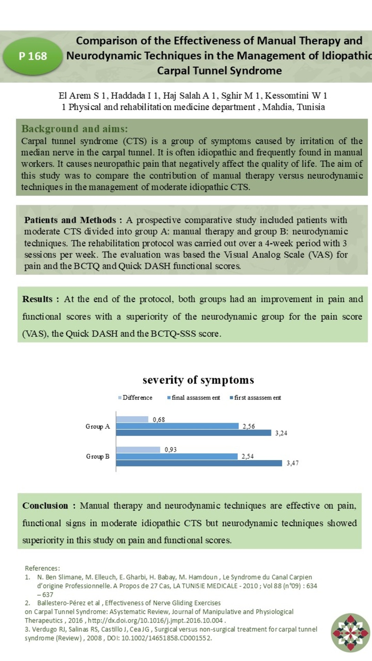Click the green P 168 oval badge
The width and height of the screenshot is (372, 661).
point(32,56)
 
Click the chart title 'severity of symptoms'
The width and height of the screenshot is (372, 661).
point(198,380)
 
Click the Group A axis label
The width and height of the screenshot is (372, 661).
point(97,427)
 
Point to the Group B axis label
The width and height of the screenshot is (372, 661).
point(97,457)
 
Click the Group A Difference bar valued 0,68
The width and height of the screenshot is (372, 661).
point(132,419)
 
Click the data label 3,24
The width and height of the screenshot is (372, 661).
point(281,433)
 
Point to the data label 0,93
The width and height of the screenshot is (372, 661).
point(170,450)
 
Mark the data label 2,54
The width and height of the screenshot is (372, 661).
point(247,457)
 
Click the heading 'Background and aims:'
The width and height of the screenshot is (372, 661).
point(74,129)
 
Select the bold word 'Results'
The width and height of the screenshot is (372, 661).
point(37,299)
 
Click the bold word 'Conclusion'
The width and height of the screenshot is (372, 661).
point(45,506)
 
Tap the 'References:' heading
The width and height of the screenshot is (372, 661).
point(42,568)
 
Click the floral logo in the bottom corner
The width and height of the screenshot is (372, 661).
point(350,632)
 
